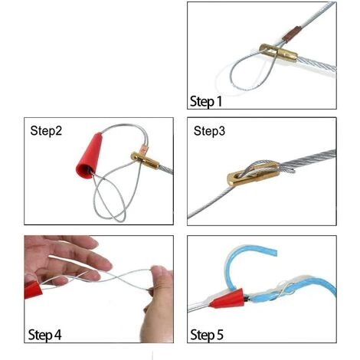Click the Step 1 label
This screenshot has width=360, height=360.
point(206,101)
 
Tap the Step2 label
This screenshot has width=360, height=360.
point(46,131)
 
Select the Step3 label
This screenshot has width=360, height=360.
point(209,131)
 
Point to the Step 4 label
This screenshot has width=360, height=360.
point(44,335)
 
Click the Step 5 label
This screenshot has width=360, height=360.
point(207,335)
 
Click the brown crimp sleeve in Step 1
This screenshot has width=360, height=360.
point(293,34)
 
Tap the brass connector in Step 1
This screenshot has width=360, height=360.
point(278,52)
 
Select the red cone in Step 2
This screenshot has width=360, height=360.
point(90,156)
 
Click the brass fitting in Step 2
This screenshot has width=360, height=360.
point(145,161)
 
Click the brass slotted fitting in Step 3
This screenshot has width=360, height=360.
point(254,174)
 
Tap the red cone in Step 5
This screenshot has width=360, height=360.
point(227,299)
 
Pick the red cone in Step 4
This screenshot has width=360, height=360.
point(33,290)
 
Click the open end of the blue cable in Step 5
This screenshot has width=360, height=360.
point(276,252)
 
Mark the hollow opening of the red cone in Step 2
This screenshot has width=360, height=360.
point(85,172)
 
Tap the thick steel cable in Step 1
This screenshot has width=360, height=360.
point(316,64)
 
